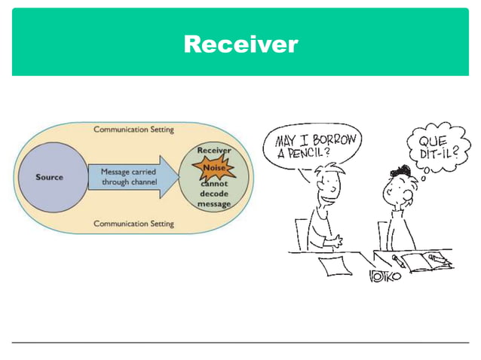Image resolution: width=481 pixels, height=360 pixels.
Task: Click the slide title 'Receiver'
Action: point(240,44)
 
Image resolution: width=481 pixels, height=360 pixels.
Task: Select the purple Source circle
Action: point(50,178)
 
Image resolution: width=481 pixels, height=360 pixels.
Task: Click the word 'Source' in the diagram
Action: point(50,178)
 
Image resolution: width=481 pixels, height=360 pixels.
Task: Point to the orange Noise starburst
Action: point(214,168)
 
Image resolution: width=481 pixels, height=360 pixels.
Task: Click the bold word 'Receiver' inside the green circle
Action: point(214,150)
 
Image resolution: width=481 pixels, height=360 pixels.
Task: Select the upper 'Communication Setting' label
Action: point(133,130)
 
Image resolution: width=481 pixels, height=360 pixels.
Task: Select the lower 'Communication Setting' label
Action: point(133,224)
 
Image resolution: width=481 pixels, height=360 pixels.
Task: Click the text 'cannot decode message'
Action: point(214,194)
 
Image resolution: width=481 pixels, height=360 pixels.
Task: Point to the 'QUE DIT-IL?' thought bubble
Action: point(431,145)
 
